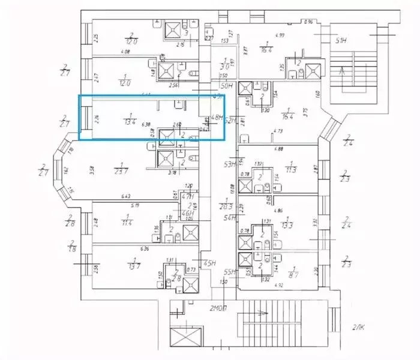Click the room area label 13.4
[x=128, y=119]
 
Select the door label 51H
[x=343, y=41]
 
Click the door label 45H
[x=209, y=262]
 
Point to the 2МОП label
[x=219, y=310]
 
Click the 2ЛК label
[x=359, y=327]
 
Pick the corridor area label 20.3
[x=226, y=206]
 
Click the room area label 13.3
[x=291, y=226]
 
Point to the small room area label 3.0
[x=224, y=66]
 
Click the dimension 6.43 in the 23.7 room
[x=125, y=196]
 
